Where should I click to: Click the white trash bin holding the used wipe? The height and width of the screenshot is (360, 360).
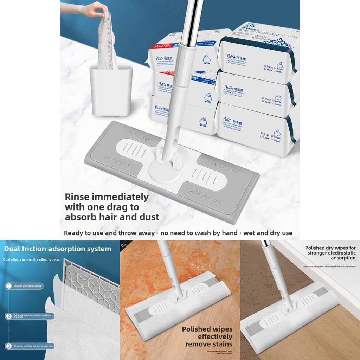pyautogui.click(x=111, y=90)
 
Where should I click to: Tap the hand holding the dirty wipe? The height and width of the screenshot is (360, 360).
pyautogui.click(x=93, y=9)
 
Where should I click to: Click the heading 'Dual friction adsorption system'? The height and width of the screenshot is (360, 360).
pyautogui.click(x=57, y=249)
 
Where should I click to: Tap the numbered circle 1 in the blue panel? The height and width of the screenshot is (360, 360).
pyautogui.click(x=9, y=286)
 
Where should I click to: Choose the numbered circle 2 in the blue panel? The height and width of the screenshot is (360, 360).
pyautogui.click(x=9, y=316)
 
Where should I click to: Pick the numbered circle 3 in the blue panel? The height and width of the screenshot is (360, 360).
pyautogui.click(x=9, y=346)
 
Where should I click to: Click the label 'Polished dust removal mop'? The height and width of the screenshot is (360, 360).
pyautogui.click(x=28, y=286)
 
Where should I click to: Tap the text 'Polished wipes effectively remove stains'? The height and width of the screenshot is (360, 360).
pyautogui.click(x=207, y=336)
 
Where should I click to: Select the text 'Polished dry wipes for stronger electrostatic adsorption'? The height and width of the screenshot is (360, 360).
pyautogui.click(x=330, y=253)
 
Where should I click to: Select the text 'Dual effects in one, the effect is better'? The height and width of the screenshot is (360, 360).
pyautogui.click(x=32, y=259)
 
